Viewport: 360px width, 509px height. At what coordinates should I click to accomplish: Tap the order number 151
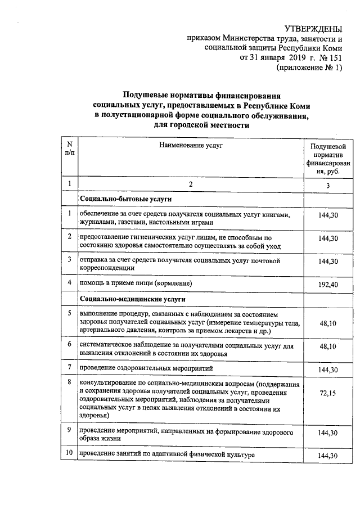334,58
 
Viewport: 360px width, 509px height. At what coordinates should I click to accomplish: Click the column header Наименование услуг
190,145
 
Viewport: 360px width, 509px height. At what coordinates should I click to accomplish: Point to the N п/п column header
69,149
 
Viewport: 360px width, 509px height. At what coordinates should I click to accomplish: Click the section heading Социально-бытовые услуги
125,200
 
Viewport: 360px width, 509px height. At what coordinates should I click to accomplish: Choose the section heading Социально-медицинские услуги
133,298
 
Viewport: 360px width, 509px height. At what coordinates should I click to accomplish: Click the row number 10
69,453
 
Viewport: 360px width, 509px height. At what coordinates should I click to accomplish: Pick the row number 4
69,282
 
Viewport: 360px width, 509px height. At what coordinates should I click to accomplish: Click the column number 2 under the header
190,184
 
